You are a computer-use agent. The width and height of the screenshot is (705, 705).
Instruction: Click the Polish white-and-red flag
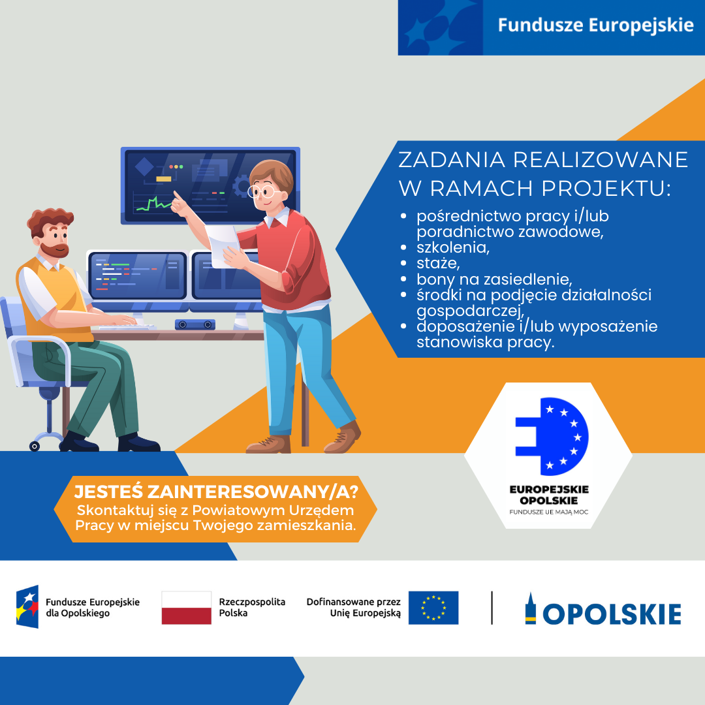click(186, 608)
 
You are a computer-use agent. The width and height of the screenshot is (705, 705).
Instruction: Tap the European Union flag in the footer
click(433, 608)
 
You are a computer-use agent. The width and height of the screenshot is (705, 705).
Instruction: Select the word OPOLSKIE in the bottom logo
click(612, 614)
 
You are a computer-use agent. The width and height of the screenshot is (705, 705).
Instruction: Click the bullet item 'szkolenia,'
click(453, 247)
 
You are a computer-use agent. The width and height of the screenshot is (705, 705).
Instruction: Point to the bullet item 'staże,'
click(438, 263)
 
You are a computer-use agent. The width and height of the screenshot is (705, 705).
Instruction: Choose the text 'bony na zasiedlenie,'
click(494, 279)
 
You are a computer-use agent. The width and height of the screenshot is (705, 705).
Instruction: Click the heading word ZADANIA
click(452, 160)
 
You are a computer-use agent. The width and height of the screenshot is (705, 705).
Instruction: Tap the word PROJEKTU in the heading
click(606, 189)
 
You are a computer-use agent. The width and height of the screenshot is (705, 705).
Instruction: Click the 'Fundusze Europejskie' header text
click(596, 25)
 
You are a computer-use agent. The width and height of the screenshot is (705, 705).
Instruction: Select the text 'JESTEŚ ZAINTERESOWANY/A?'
click(216, 492)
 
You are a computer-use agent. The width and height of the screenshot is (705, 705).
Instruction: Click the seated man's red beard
click(55, 249)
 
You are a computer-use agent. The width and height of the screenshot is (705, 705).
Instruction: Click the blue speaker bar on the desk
click(195, 324)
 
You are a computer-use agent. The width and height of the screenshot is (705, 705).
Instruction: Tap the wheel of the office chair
click(35, 446)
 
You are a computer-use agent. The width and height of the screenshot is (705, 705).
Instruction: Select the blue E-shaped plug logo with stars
click(552, 436)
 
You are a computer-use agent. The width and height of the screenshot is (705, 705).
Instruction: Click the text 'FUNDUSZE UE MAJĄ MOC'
click(548, 512)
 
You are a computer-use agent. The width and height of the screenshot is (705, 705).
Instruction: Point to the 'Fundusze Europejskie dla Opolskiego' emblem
click(27, 606)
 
